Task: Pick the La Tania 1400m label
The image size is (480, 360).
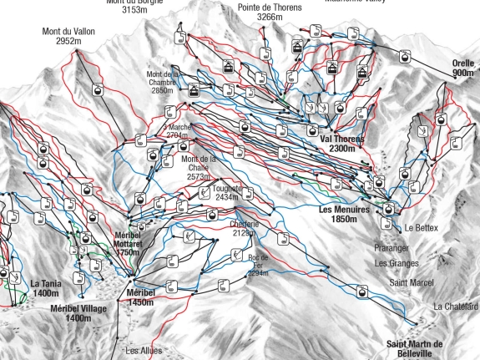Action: (46, 288)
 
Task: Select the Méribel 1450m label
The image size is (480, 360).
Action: (139, 297)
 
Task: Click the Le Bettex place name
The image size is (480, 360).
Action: (422, 228)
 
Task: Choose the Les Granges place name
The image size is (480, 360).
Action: (397, 264)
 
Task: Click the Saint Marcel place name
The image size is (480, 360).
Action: (412, 283)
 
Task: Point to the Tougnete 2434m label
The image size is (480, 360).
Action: (227, 192)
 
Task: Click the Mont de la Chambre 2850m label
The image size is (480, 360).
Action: (162, 82)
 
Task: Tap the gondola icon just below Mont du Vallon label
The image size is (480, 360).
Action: (99, 89)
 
